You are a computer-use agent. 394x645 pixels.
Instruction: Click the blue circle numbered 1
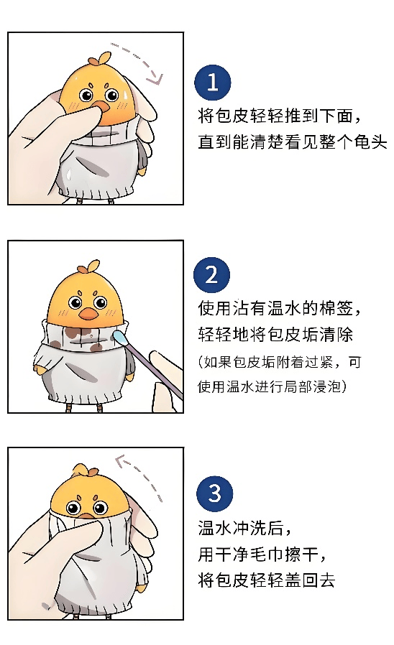[212, 83]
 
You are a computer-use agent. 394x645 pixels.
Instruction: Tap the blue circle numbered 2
[211, 274]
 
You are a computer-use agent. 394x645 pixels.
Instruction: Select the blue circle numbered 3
[214, 493]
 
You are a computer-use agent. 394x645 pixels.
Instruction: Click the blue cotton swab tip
[121, 338]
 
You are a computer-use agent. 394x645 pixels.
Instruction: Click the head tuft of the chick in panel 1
[100, 60]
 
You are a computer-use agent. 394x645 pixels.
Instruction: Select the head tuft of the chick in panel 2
[88, 268]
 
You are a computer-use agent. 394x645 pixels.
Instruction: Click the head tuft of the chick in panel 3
[84, 471]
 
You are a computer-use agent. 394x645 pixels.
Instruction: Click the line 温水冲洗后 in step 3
[241, 528]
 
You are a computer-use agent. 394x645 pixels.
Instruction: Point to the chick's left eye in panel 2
[75, 303]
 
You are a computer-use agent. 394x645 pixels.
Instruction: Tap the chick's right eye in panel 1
[111, 96]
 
